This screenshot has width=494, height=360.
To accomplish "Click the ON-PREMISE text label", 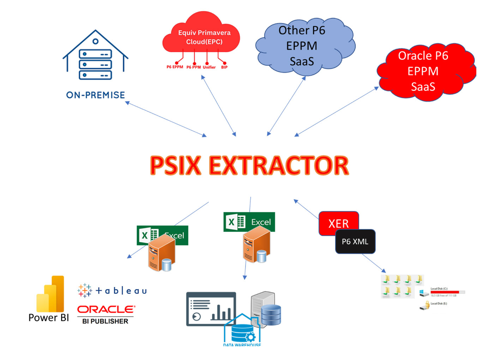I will [95, 95].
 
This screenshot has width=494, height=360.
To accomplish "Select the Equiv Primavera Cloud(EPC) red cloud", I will [201, 35].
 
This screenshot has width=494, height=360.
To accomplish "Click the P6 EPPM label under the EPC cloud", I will [175, 67].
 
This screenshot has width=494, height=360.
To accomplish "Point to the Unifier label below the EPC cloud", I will [209, 67].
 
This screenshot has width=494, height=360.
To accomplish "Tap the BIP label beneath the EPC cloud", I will [224, 67].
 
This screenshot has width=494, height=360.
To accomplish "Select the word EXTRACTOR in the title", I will [279, 165].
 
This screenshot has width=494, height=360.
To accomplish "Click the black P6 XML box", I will [355, 242].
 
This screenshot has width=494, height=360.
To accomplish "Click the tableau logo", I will [112, 291].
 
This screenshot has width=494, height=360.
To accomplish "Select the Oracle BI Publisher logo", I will [106, 314].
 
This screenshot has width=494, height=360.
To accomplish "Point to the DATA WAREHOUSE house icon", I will [242, 331].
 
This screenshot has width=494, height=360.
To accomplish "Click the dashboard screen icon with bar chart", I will [211, 309].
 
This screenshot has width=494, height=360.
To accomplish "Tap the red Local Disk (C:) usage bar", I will [445, 292].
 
